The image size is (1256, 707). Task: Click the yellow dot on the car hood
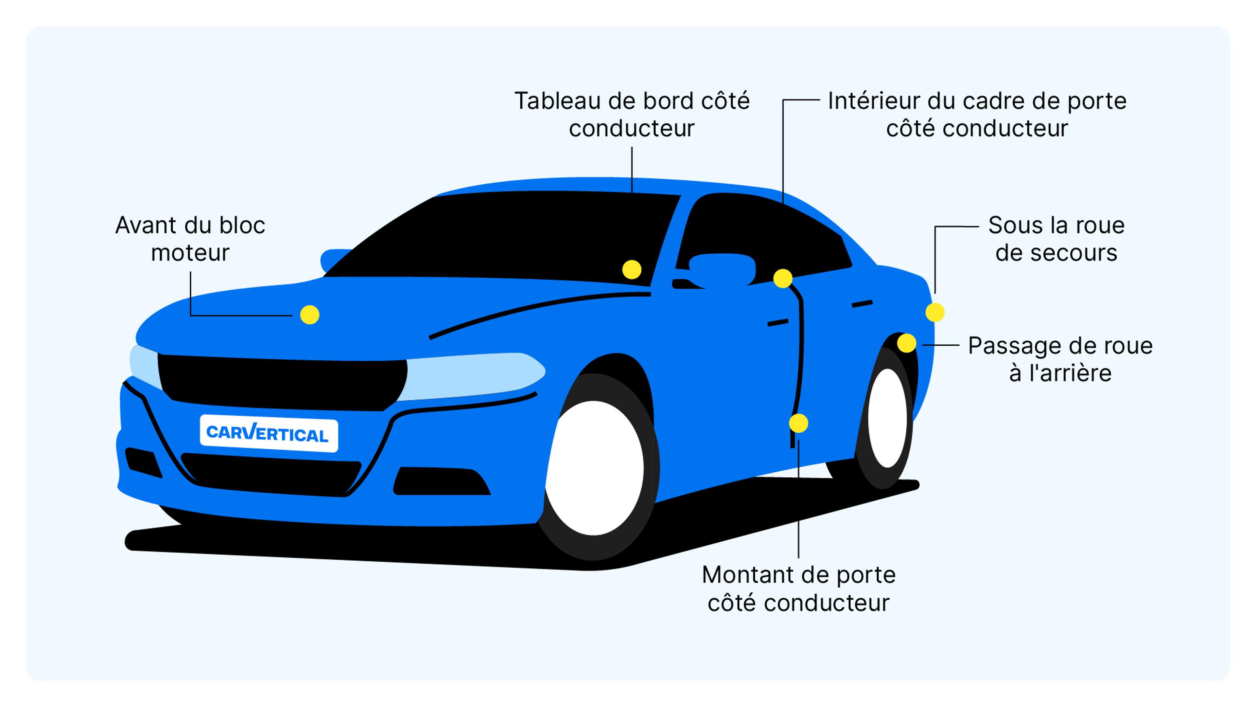[310, 315]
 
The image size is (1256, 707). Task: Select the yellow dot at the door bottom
[798, 423]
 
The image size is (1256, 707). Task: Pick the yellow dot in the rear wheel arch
[906, 343]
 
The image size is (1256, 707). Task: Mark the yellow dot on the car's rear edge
[935, 312]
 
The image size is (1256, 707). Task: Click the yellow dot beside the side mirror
[783, 279]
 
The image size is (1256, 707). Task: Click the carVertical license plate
[269, 433]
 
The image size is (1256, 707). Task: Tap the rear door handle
[862, 304]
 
